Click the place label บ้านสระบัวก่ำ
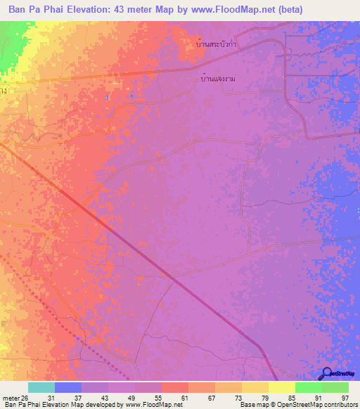[217, 43]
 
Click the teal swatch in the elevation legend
[41, 388]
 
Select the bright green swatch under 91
[308, 388]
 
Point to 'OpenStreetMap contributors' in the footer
[316, 405]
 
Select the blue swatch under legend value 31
[68, 388]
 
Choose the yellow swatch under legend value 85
[281, 388]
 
